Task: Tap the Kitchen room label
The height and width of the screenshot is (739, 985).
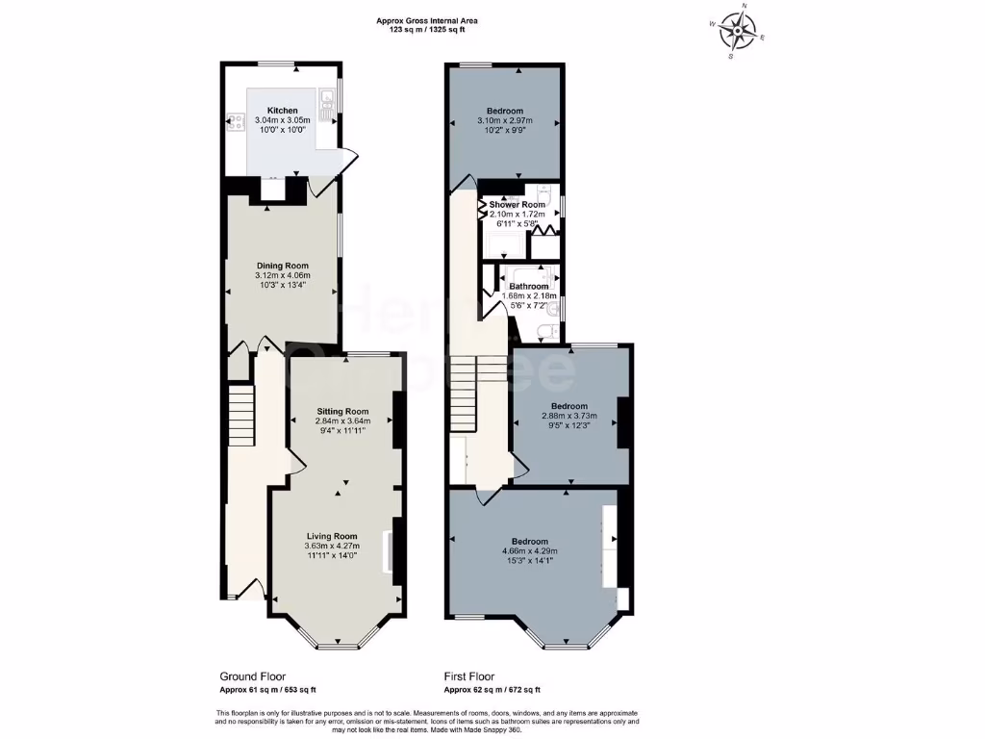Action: point(282,111)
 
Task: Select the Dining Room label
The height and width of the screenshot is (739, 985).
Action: point(282,266)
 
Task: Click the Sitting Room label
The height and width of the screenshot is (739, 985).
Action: point(342,411)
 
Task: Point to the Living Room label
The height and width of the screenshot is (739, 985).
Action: point(332,536)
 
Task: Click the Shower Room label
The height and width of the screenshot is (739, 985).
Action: point(517,205)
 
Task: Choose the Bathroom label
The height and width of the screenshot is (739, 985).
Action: point(529,287)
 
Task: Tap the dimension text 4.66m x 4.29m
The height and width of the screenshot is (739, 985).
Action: point(529,550)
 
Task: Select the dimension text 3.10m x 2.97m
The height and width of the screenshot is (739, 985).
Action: point(505,121)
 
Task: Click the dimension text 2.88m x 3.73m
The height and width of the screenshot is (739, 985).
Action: point(568,416)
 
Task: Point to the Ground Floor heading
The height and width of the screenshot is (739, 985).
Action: point(253,676)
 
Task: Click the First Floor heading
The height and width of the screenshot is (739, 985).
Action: point(469,676)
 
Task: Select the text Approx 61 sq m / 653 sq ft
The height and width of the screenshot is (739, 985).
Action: point(268,690)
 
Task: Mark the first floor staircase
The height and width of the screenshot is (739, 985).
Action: point(465,385)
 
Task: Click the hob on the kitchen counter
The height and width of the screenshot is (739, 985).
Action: point(235,122)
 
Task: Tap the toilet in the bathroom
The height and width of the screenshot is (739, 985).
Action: point(547,332)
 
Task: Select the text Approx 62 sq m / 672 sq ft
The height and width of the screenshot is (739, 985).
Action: point(492,690)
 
